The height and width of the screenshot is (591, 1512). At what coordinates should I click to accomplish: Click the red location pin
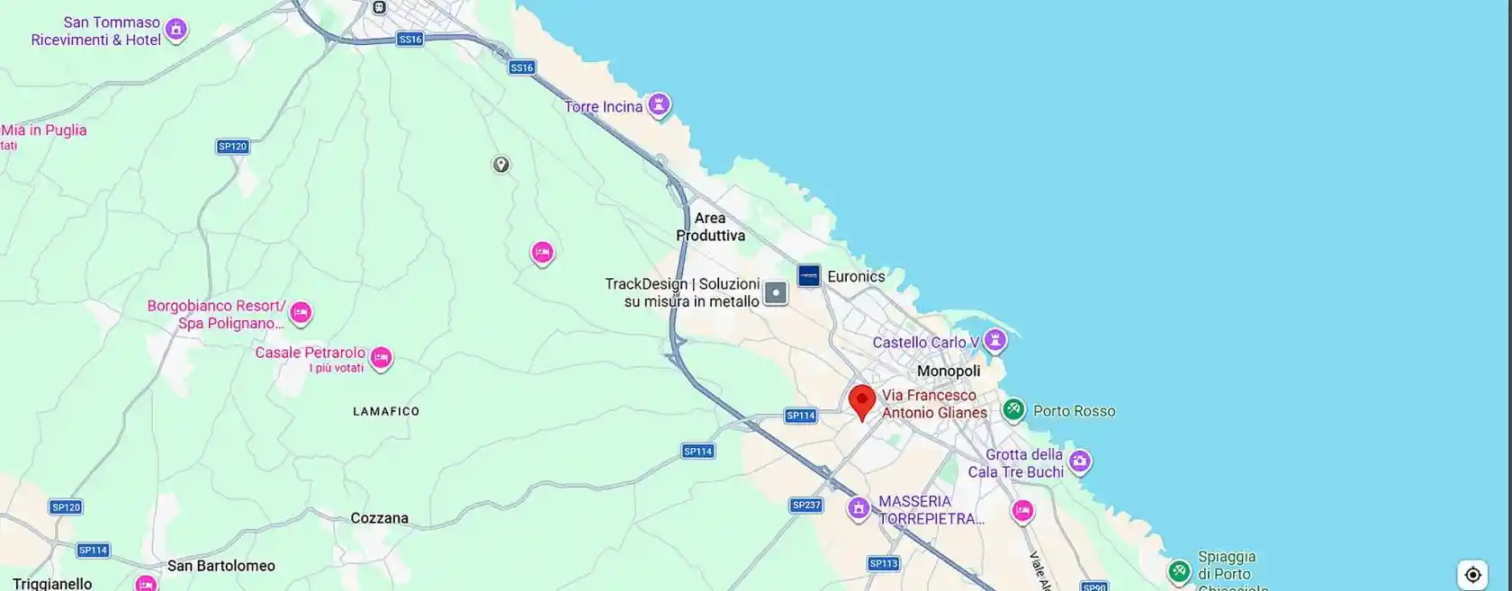[x=862, y=400]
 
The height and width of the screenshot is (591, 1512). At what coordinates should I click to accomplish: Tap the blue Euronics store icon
[x=808, y=275]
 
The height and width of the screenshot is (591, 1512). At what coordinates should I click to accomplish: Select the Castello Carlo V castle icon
[x=994, y=341]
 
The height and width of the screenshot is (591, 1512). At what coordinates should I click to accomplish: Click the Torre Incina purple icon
[x=660, y=105]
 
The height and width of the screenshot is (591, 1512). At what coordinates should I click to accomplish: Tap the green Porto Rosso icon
[x=1013, y=410]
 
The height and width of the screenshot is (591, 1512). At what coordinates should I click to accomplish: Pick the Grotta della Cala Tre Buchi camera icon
[x=1080, y=462]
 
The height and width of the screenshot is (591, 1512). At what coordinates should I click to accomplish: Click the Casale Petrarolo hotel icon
[x=381, y=358]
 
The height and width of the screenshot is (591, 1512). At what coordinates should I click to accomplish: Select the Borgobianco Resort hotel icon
[x=301, y=313]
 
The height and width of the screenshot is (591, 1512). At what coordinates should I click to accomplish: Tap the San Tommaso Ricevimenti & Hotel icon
[x=176, y=30]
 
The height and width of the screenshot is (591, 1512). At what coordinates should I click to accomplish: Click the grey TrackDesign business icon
[x=775, y=292]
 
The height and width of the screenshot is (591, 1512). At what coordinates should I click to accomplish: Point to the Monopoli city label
[x=948, y=371]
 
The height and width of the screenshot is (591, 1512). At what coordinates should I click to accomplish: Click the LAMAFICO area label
[x=386, y=411]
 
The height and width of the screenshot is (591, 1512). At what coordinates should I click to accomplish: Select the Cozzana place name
[x=379, y=518]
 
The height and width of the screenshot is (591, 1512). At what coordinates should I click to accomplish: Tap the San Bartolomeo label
[x=221, y=566]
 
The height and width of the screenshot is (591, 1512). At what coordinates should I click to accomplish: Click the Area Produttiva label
[x=710, y=227]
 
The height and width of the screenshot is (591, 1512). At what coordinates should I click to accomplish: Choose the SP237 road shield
[x=806, y=506]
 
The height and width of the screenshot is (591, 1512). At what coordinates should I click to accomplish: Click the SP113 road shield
[x=884, y=564]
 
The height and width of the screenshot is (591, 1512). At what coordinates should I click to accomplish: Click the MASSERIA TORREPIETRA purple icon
[x=859, y=509]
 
